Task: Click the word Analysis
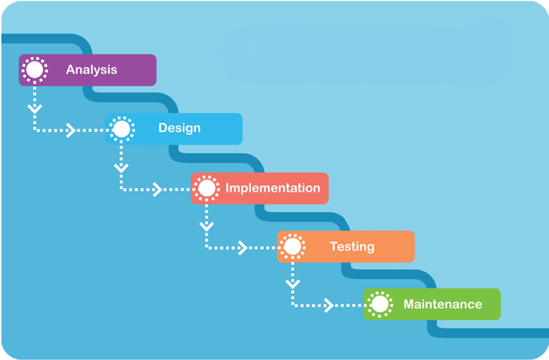click(x=91, y=70)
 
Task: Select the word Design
click(x=179, y=128)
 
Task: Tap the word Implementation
click(x=272, y=188)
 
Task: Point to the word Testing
click(x=351, y=246)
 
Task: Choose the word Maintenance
click(x=442, y=304)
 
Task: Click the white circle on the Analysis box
click(x=35, y=70)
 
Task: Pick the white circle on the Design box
click(x=121, y=129)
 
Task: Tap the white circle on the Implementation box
click(x=207, y=188)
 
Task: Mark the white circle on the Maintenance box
click(x=380, y=304)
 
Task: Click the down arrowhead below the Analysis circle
click(x=35, y=107)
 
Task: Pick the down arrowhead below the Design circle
click(x=121, y=166)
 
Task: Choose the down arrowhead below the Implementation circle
click(x=207, y=226)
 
